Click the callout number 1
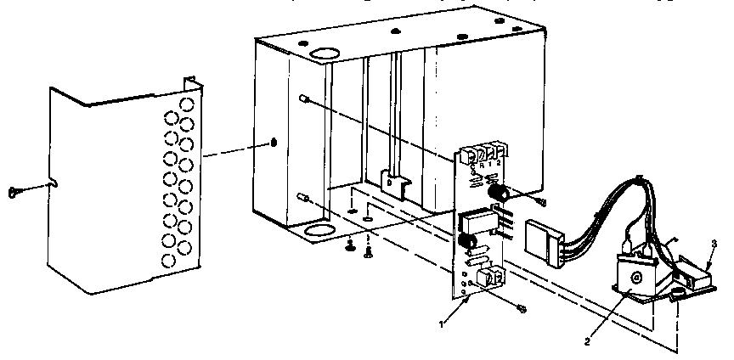441,324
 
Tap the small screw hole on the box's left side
274,141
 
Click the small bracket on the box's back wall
392,180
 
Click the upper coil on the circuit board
498,195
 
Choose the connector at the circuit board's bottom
490,277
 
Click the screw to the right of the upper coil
540,201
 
